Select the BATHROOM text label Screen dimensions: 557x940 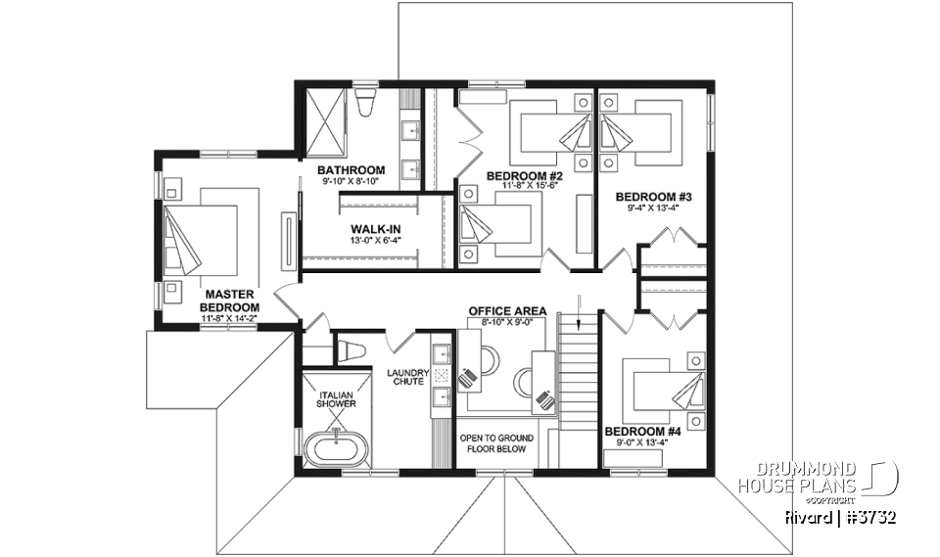coord(352,169)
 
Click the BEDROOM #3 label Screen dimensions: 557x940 coord(647,196)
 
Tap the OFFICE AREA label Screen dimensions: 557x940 coord(507,311)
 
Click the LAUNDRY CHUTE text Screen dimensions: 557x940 coord(404,377)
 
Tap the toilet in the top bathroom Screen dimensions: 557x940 coord(366,101)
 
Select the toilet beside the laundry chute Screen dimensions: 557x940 coord(352,350)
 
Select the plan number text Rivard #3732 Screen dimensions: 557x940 coord(839,516)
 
